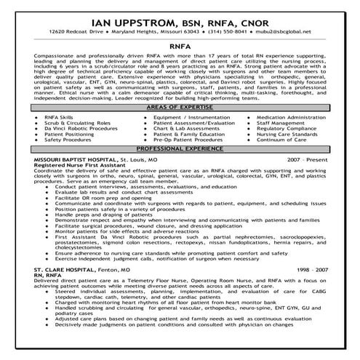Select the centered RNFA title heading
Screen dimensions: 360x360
click(180, 44)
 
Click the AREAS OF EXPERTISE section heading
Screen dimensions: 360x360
click(180, 106)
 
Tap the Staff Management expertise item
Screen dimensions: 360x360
click(279, 122)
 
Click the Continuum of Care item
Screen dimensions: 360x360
click(279, 140)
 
